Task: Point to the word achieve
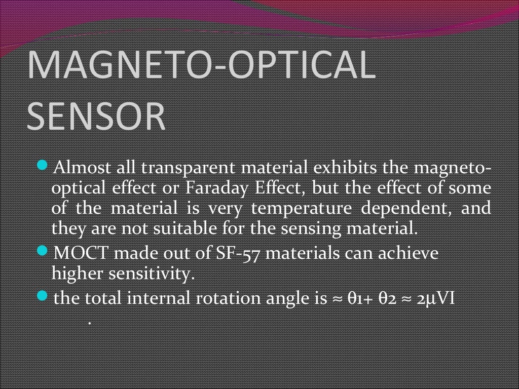(x=410, y=253)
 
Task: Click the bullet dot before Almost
(x=44, y=166)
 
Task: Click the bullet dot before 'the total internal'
(x=44, y=296)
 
